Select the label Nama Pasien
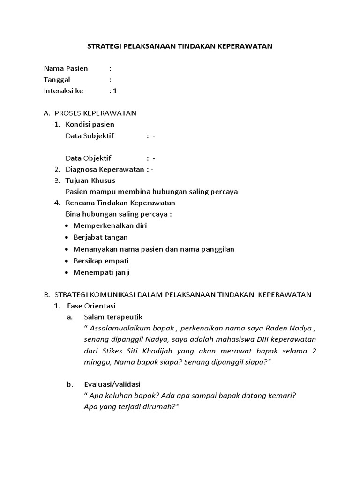point(66,68)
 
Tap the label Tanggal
point(57,80)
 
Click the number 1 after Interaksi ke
point(115,91)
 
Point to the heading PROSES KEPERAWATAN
point(96,113)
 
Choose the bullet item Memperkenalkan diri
point(110,225)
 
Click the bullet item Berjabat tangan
point(100,237)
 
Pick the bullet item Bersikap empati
point(101,261)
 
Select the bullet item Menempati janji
point(102,272)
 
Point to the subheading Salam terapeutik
point(113,317)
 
